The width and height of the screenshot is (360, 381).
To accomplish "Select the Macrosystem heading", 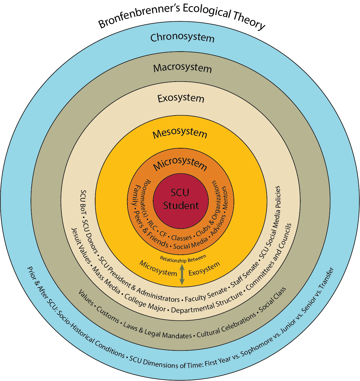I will click(182, 68).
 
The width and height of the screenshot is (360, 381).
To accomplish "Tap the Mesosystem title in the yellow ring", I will click(180, 133).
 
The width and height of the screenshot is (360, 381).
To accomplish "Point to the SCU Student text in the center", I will click(181, 199).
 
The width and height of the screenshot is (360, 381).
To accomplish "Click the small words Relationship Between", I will click(183, 259).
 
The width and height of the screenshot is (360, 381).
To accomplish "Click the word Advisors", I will click(218, 225).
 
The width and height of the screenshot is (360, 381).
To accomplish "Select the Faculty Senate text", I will click(206, 295).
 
